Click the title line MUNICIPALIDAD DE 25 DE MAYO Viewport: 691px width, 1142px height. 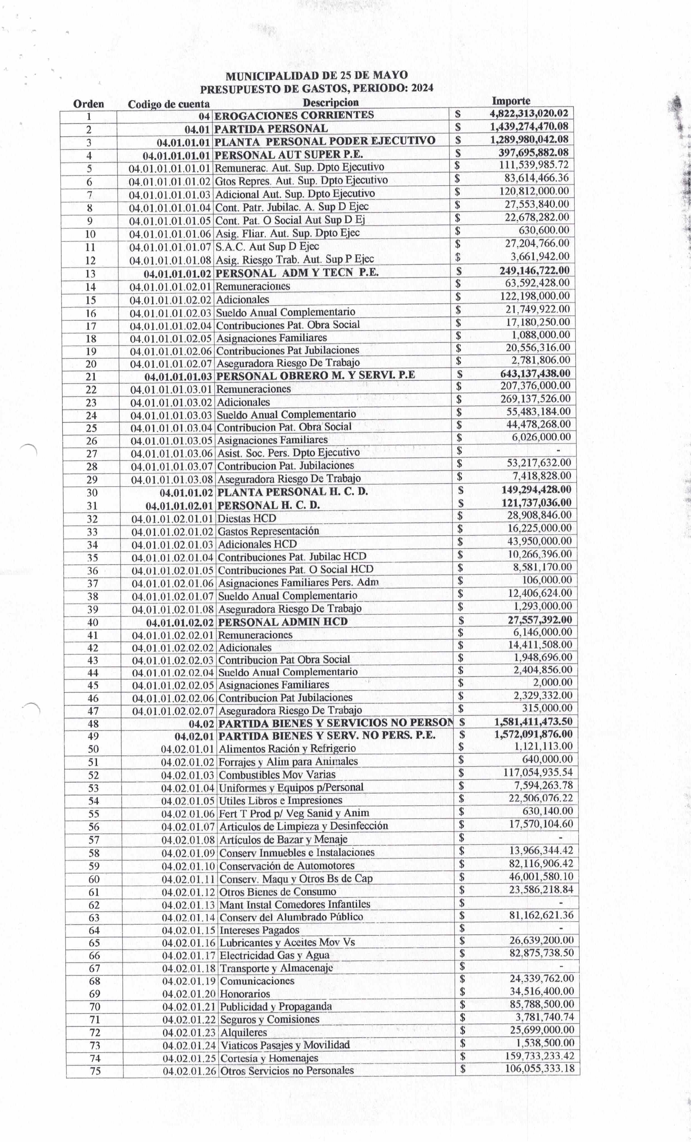(317, 76)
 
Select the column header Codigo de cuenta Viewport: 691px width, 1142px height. (169, 104)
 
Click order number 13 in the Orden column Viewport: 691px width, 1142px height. (90, 273)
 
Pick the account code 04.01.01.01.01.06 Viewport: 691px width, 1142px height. (170, 234)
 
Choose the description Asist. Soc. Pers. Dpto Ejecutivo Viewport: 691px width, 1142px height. (288, 452)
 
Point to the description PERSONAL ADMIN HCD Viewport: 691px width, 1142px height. (283, 622)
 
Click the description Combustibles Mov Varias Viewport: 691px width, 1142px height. (277, 775)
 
